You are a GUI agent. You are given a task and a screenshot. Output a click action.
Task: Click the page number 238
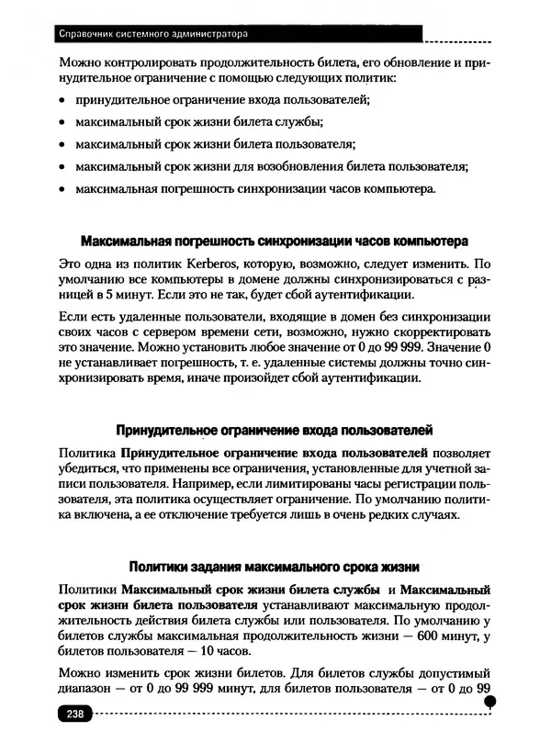(73, 715)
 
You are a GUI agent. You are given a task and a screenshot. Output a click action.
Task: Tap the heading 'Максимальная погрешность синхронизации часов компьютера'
(275, 242)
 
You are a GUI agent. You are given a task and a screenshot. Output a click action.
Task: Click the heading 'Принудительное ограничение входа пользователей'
(275, 430)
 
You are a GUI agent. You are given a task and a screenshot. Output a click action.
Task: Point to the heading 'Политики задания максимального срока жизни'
(275, 567)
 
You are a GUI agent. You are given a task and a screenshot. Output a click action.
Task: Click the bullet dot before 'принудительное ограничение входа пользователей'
(62, 100)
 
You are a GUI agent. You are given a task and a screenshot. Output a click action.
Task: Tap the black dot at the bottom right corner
(489, 702)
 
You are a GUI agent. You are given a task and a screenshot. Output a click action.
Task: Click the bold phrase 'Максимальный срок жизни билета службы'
(247, 588)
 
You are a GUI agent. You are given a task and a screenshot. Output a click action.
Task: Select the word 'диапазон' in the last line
(84, 688)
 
